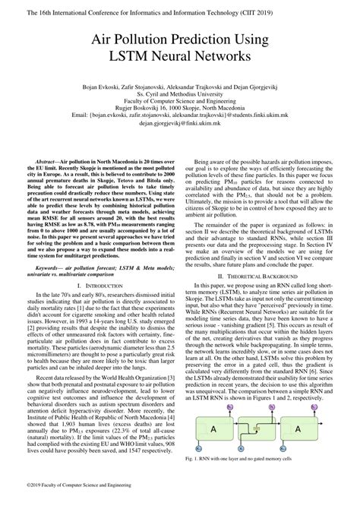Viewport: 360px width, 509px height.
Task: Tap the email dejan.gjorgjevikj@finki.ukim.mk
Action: (x=180, y=122)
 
